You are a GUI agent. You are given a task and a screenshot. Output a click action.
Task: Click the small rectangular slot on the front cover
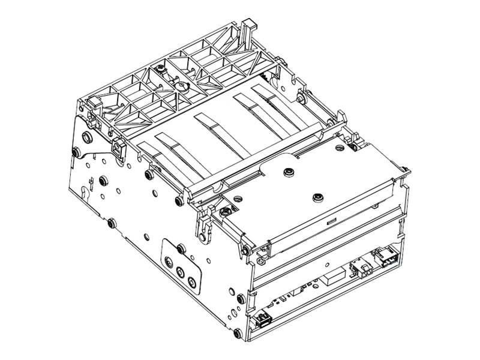point(329,222)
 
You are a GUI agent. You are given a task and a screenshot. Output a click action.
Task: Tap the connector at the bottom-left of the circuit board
point(263,319)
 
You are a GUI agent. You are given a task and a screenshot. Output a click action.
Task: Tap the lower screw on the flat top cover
point(316,196)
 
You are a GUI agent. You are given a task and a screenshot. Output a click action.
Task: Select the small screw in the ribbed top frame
point(161,71)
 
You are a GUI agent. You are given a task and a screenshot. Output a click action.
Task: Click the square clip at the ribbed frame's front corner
point(118,145)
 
